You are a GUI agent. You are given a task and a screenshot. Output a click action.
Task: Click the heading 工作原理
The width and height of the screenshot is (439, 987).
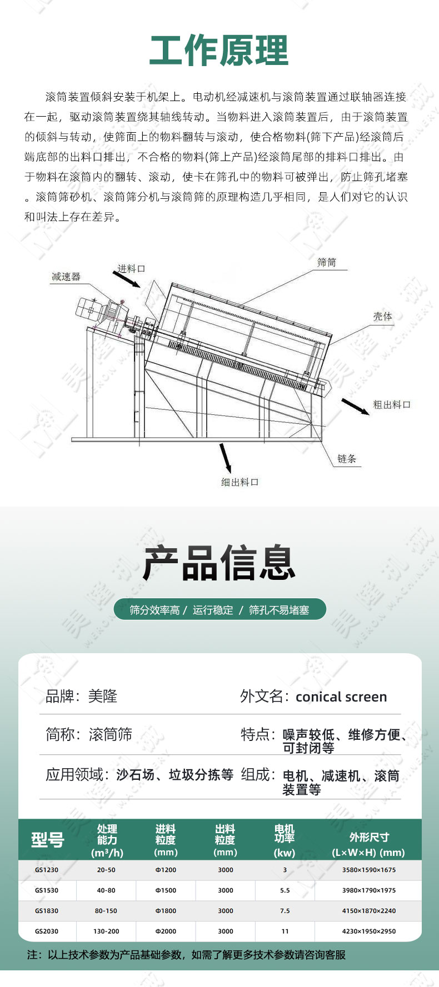(219, 51)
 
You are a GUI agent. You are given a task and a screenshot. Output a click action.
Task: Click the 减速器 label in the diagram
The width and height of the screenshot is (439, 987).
(66, 277)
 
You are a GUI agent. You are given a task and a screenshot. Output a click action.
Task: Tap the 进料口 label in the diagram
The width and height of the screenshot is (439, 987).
(131, 269)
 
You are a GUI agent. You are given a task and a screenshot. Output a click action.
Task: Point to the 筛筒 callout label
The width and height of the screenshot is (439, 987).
(327, 262)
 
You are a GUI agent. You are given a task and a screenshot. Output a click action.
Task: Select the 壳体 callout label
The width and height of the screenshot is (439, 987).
(382, 316)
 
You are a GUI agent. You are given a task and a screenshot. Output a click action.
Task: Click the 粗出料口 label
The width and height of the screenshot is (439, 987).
(392, 404)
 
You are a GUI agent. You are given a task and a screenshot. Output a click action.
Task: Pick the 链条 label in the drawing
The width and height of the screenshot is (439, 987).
(347, 459)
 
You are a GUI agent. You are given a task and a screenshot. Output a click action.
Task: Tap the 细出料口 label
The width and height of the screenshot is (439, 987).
(240, 482)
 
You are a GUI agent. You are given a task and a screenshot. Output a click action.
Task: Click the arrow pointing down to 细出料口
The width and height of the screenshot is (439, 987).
(225, 458)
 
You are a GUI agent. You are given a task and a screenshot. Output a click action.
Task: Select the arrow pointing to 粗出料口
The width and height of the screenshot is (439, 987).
(356, 407)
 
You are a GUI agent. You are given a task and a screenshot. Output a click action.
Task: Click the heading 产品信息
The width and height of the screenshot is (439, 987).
(219, 563)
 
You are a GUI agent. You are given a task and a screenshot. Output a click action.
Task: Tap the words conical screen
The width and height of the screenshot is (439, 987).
(341, 697)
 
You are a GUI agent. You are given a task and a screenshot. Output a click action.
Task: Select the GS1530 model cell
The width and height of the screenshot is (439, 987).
(47, 890)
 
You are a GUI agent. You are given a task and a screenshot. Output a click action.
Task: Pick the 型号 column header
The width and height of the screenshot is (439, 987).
(48, 840)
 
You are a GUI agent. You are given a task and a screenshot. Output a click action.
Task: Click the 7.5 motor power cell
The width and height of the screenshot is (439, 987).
(285, 911)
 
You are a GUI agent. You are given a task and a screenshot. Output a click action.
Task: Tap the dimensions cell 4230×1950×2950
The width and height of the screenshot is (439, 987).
(369, 931)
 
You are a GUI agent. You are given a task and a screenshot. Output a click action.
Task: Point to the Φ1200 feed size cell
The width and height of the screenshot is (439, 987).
(166, 870)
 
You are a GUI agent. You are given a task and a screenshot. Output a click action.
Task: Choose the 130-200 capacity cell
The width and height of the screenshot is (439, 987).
(106, 931)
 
